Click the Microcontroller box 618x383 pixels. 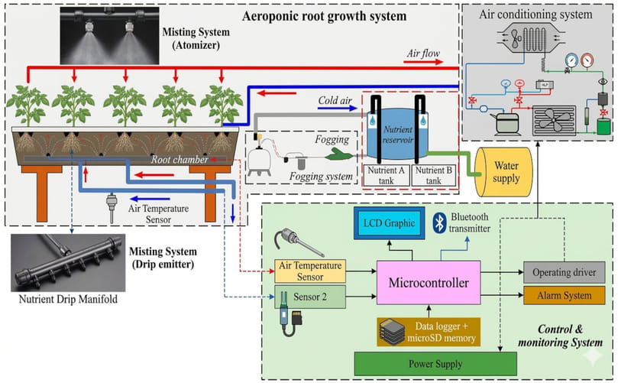(x=429, y=284)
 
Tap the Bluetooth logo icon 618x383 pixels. (x=439, y=222)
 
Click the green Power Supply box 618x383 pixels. (x=425, y=364)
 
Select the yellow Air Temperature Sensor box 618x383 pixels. (x=310, y=270)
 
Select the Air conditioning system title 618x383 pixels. (x=534, y=14)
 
